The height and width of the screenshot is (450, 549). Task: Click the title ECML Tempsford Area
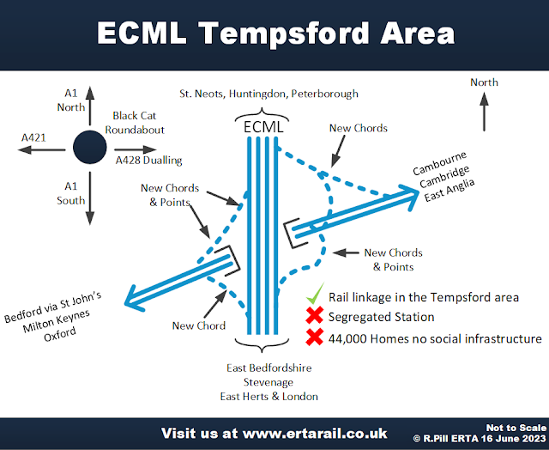click(274, 33)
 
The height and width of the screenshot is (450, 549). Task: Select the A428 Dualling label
click(148, 160)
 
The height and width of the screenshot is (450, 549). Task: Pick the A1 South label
click(75, 194)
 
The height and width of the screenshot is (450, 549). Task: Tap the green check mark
click(315, 295)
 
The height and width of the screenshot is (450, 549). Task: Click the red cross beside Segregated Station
click(314, 317)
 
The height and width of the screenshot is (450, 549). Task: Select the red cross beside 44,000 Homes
click(314, 337)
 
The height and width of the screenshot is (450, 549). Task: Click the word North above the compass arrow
click(484, 82)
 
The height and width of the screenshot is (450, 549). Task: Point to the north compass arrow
click(484, 112)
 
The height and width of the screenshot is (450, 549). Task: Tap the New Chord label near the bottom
click(199, 325)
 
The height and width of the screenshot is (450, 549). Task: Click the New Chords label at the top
click(359, 128)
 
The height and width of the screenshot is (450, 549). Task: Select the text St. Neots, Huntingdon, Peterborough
click(268, 93)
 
